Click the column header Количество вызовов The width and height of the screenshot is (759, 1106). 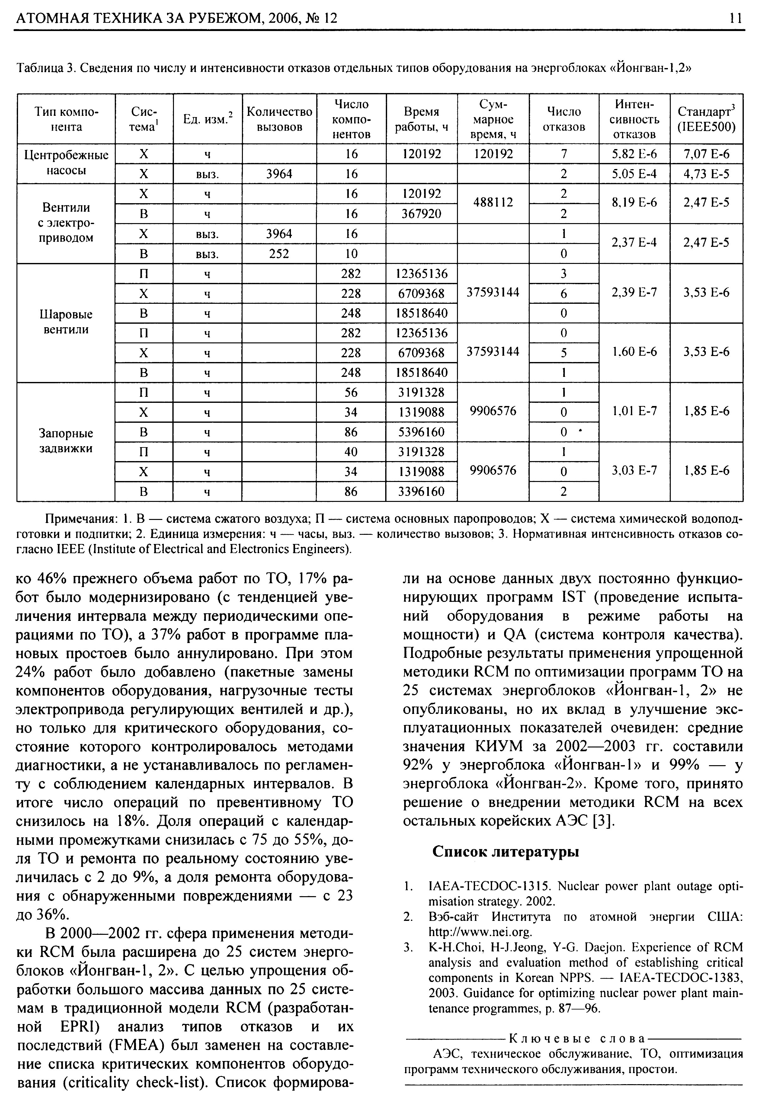[279, 119]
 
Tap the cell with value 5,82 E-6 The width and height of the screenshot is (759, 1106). [634, 154]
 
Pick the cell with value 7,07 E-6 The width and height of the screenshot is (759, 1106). [706, 154]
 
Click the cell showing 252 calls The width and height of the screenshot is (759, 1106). [279, 254]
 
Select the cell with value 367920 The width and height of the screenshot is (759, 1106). [421, 214]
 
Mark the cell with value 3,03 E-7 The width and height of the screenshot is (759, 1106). [634, 471]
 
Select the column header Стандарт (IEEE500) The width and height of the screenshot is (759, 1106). [706, 119]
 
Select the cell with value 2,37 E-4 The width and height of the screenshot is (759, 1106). [634, 243]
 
